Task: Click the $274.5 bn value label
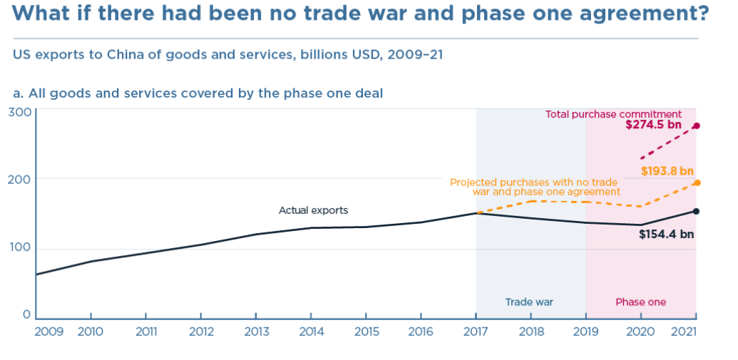tap(653, 125)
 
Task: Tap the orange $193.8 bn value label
tap(667, 171)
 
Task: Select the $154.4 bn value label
tap(667, 234)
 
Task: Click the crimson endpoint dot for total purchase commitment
tap(697, 125)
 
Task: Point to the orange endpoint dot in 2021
tap(697, 183)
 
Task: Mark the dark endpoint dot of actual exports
tap(697, 211)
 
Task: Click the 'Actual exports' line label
tap(314, 210)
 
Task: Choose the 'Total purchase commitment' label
tap(614, 114)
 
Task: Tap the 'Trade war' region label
tap(530, 302)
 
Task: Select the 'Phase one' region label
tap(641, 302)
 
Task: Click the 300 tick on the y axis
tap(20, 113)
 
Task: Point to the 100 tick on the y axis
tap(20, 249)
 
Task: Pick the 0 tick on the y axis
tap(27, 315)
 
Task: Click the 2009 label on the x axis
tap(49, 331)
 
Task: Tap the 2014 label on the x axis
tap(311, 331)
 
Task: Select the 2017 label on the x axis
tap(476, 331)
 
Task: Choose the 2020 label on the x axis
tap(640, 331)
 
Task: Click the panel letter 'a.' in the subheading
tap(19, 93)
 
